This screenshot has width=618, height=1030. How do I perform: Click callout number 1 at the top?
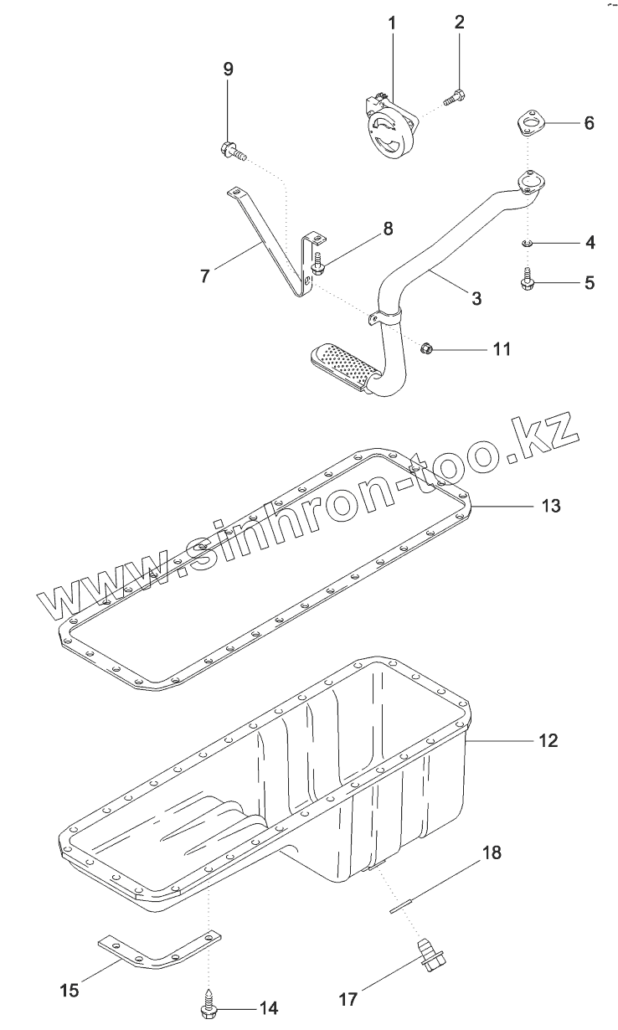(391, 23)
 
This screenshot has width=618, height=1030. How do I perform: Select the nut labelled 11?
(425, 348)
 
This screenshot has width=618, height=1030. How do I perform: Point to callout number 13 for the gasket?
(549, 506)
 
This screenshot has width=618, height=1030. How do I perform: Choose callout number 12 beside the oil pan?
(548, 740)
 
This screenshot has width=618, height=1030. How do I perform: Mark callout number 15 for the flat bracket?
(70, 990)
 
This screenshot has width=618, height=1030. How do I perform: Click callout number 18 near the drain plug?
(492, 853)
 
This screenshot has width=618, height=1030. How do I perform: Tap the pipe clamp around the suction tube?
(389, 317)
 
